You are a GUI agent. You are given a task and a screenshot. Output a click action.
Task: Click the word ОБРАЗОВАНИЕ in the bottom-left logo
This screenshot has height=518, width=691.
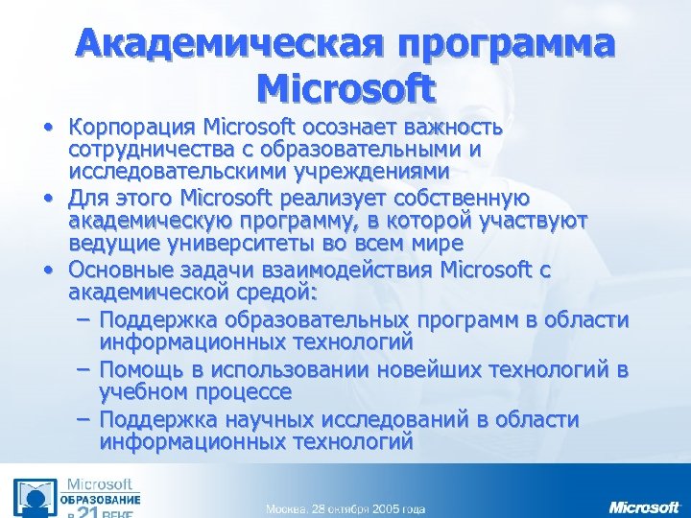101,500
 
